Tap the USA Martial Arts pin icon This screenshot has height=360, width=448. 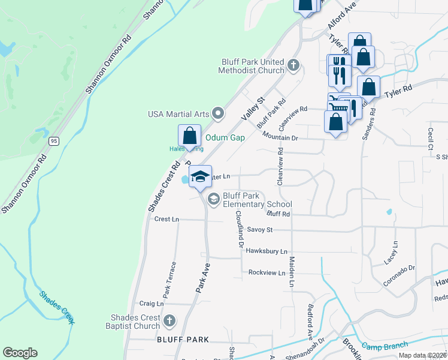tap(218, 113)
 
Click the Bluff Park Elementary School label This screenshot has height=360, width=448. tap(257, 200)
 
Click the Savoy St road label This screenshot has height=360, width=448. tap(259, 230)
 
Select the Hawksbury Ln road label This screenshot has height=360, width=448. tap(267, 251)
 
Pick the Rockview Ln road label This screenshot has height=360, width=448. tap(267, 273)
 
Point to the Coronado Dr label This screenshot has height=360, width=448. tap(399, 275)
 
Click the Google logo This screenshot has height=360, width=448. tap(20, 353)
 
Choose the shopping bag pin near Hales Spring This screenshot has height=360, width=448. tap(189, 136)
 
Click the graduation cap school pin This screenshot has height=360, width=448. tap(201, 176)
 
